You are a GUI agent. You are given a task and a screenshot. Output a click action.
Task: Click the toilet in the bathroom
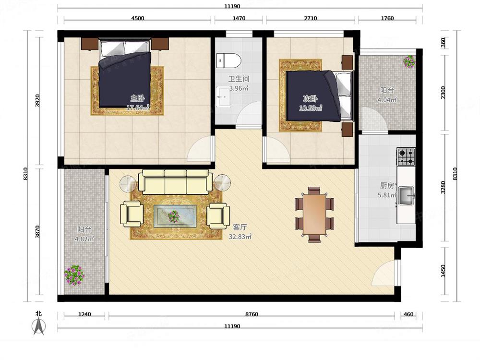point(228,60)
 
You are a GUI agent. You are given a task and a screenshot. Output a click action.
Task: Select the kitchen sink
point(407,196)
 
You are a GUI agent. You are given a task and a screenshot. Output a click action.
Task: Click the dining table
point(314,215)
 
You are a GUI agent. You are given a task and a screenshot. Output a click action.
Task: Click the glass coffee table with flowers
point(175,216)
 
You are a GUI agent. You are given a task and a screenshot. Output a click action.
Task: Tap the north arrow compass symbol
point(38,325)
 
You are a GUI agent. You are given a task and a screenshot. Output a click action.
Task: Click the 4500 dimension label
point(137,18)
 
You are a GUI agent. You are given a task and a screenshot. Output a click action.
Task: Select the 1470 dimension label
point(239,18)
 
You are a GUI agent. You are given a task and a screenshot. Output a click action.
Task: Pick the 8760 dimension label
point(252,314)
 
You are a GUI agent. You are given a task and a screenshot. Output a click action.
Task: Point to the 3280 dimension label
point(443,187)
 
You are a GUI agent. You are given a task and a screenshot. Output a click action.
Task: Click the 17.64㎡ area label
point(138,108)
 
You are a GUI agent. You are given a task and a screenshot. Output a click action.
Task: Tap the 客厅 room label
point(240,227)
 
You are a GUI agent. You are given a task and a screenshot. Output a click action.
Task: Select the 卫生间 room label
point(239,79)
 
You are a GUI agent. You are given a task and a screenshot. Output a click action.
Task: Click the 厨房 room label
point(387,185)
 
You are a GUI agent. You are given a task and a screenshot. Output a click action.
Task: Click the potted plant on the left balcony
point(74,275)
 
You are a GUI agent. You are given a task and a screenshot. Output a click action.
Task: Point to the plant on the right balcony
point(409,61)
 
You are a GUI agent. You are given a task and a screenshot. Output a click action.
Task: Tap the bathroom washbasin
point(223,97)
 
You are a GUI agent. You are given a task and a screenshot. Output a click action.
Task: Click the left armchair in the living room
point(132,214)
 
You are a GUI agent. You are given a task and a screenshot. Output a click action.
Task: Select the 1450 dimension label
point(443,271)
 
